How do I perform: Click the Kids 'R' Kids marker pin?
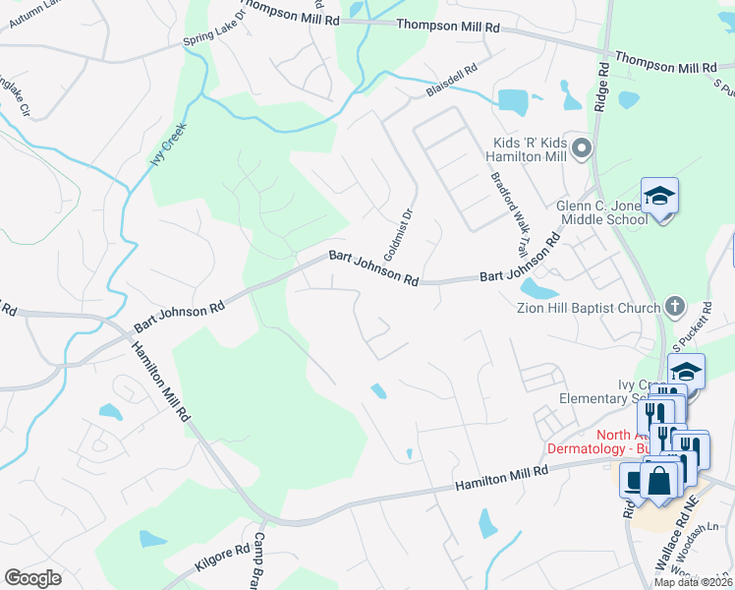pyautogui.click(x=582, y=149)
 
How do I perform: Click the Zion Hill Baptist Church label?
pyautogui.click(x=588, y=308)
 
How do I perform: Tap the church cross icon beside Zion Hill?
pyautogui.click(x=674, y=307)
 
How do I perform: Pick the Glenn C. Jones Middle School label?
pyautogui.click(x=588, y=211)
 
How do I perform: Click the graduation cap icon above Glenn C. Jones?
pyautogui.click(x=659, y=198)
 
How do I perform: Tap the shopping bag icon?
pyautogui.click(x=659, y=482)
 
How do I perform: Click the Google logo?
pyautogui.click(x=32, y=578)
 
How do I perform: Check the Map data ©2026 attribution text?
pyautogui.click(x=692, y=582)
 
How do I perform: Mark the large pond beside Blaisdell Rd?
pyautogui.click(x=512, y=100)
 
